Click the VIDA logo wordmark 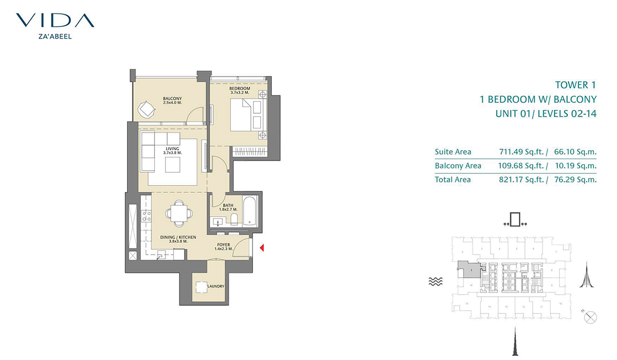(55, 21)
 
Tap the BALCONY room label (172, 99)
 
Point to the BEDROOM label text (240, 88)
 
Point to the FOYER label (224, 245)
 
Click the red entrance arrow (262, 249)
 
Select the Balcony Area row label (458, 166)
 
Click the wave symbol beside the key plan (436, 281)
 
